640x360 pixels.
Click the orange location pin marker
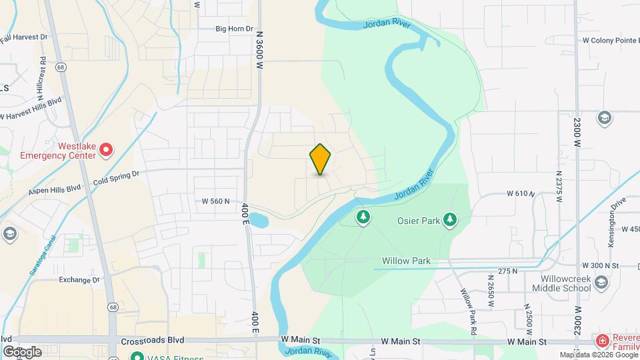coord(320,159)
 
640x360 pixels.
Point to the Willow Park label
coord(406,261)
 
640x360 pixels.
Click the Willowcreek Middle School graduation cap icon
coord(602,283)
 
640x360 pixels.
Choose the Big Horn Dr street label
coord(235,29)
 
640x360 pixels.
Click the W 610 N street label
coord(521,193)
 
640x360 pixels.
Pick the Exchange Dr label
coord(79,280)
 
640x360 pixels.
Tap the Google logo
coord(21,351)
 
